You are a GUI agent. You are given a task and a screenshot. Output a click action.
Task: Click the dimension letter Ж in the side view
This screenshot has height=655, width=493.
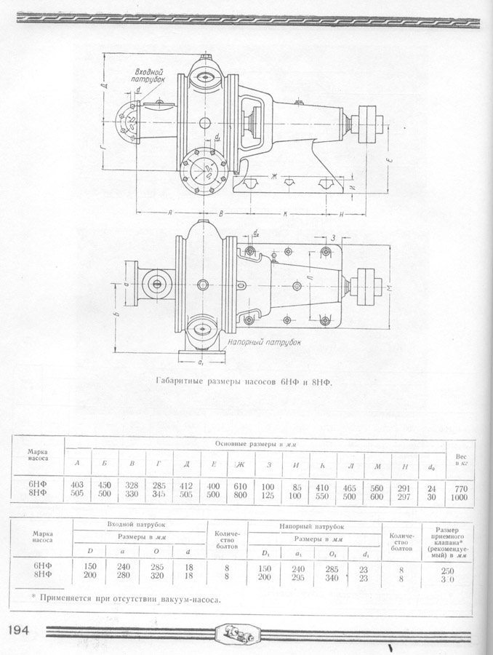click(x=275, y=176)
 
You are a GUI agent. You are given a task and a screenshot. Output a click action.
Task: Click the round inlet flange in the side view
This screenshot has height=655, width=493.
click(x=129, y=121)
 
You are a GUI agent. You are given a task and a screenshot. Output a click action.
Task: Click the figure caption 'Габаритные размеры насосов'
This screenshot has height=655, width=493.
click(x=244, y=381)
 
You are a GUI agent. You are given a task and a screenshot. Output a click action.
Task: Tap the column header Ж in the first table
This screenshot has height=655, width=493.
click(x=240, y=464)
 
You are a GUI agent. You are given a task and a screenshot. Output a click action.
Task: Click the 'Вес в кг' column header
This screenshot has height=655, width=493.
click(x=461, y=454)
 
